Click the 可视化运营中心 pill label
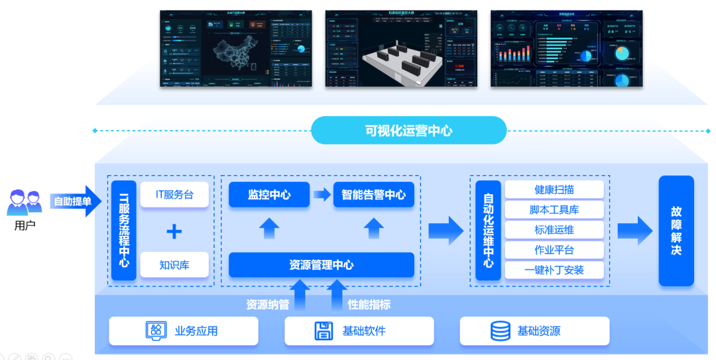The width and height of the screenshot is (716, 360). click(x=408, y=131)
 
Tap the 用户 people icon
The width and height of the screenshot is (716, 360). click(x=25, y=202)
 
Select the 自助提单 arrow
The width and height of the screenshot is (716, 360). click(x=75, y=202)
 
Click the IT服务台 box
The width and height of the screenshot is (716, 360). click(x=174, y=195)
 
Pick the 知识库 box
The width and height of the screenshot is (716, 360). click(x=174, y=265)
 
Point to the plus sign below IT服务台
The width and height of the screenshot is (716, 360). click(x=174, y=231)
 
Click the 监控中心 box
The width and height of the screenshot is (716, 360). click(x=268, y=195)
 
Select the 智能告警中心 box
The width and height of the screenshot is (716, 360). click(x=373, y=195)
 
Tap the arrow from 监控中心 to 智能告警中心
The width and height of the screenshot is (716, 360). click(x=322, y=195)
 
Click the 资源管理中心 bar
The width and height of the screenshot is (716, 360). click(x=321, y=265)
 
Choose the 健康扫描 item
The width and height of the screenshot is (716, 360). click(x=554, y=190)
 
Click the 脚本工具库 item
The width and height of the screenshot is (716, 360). click(x=554, y=210)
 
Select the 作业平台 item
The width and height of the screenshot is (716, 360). click(x=554, y=250)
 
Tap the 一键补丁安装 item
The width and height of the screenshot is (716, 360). click(x=554, y=270)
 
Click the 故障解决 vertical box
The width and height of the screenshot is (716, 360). click(x=676, y=230)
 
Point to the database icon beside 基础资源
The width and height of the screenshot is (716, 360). click(x=500, y=331)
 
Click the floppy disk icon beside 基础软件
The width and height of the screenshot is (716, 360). click(x=324, y=331)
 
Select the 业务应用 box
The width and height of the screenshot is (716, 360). click(x=183, y=331)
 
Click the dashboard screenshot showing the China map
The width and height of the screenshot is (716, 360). click(x=235, y=48)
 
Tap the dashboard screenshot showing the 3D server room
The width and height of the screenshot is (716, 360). click(x=400, y=48)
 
